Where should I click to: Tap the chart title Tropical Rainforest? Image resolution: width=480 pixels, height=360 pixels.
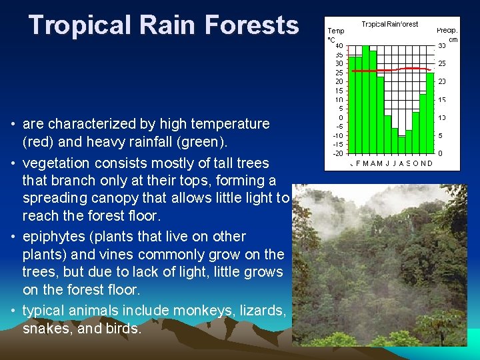click(390, 24)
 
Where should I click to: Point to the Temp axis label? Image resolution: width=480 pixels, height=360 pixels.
click(335, 31)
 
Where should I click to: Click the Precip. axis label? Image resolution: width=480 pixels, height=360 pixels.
click(446, 31)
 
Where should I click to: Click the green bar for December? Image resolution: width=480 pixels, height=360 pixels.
click(430, 113)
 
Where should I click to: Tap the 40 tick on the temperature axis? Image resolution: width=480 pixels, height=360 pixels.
click(339, 46)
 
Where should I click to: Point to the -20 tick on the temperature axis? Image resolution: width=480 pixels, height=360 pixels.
click(339, 153)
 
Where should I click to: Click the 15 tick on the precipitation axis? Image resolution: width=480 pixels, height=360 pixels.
click(442, 100)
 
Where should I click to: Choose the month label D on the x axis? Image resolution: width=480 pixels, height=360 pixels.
click(429, 163)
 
